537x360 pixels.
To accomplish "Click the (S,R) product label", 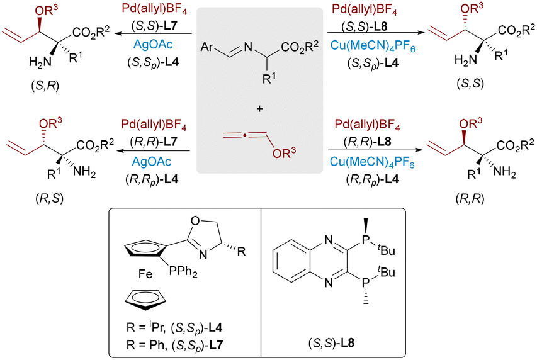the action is coord(45,86).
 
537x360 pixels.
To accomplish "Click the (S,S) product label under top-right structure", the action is coord(470,83).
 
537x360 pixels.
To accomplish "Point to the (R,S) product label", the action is coord(49,198).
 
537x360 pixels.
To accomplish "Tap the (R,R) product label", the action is coord(470,198).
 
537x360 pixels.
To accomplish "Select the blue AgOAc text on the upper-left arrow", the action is coord(153,45).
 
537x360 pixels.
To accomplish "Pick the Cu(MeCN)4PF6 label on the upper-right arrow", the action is coord(373,46).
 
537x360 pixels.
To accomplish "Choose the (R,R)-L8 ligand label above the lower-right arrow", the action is coord(367,142).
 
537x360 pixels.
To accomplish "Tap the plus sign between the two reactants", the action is coord(259,109).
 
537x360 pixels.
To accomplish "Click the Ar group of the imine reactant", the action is coord(207,47).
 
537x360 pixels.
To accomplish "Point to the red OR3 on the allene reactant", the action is coord(285,152).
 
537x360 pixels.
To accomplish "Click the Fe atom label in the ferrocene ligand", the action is coord(145,274).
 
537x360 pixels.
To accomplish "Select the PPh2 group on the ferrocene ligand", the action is coord(183,272).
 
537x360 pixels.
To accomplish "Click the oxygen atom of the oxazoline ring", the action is coord(195,220).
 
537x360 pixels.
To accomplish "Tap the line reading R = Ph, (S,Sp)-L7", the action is coord(174,345).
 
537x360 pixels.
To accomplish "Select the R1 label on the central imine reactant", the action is coord(269,78).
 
